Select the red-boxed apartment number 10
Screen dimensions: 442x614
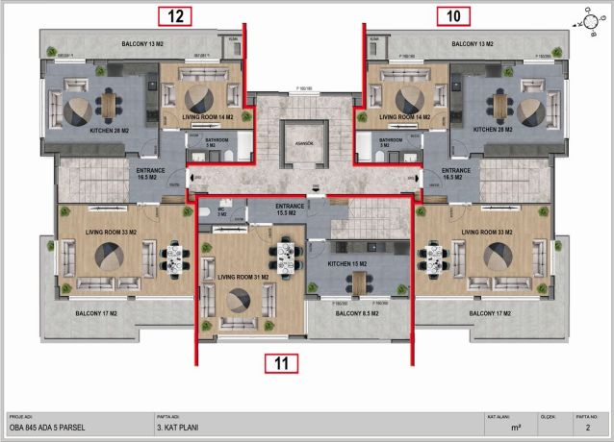coord(453,15)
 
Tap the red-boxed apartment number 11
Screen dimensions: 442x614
coord(281,363)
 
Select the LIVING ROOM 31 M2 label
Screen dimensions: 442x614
coord(243,277)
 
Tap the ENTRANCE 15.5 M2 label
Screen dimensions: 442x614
coord(293,209)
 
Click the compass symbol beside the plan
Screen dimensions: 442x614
coord(588,19)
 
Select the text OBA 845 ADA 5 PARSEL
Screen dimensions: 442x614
coord(48,431)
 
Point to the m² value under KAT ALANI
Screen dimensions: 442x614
coord(516,431)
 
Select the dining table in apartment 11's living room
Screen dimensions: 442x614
coord(286,256)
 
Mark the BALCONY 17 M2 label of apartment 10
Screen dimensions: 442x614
coord(493,314)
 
